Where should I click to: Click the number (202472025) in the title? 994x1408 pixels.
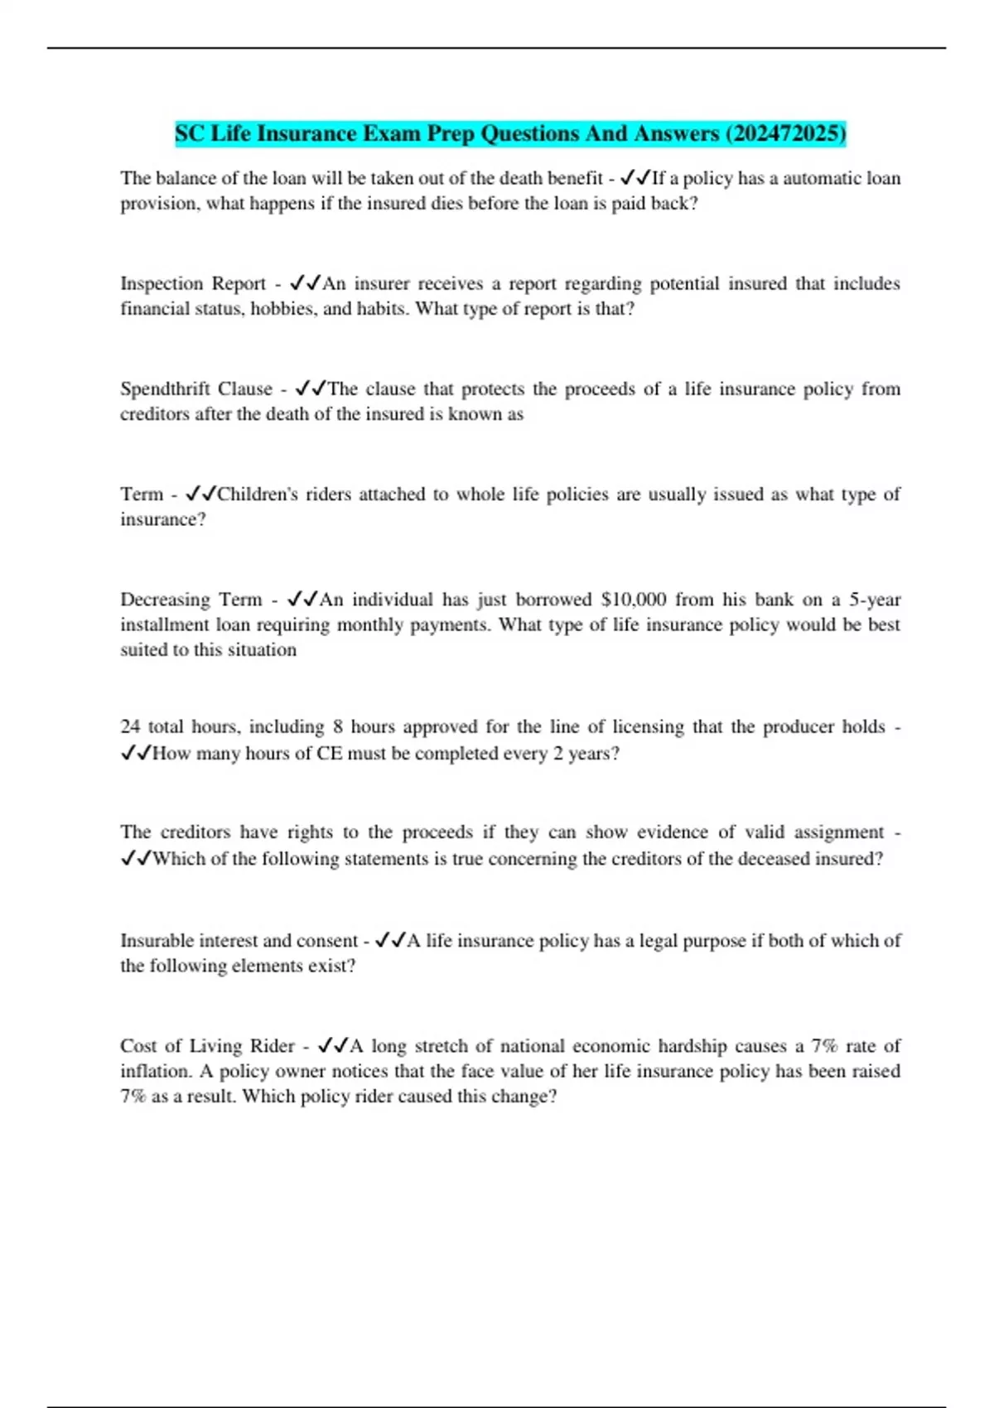pos(785,133)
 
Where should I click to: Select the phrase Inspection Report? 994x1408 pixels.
pos(192,283)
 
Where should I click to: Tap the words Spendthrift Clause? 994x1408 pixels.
pos(195,388)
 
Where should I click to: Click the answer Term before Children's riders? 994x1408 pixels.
pos(142,494)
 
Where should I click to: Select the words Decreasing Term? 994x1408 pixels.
pos(191,599)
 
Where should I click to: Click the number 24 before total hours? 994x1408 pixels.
pos(130,726)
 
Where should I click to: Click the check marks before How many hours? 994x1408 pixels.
pos(136,753)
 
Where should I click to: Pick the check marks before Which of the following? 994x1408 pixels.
pos(136,858)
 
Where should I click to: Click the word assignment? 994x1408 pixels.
pos(838,832)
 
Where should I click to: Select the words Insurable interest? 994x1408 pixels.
pos(205,940)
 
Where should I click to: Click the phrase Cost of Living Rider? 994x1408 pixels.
pos(207,1045)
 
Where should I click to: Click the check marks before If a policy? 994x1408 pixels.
pos(635,178)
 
